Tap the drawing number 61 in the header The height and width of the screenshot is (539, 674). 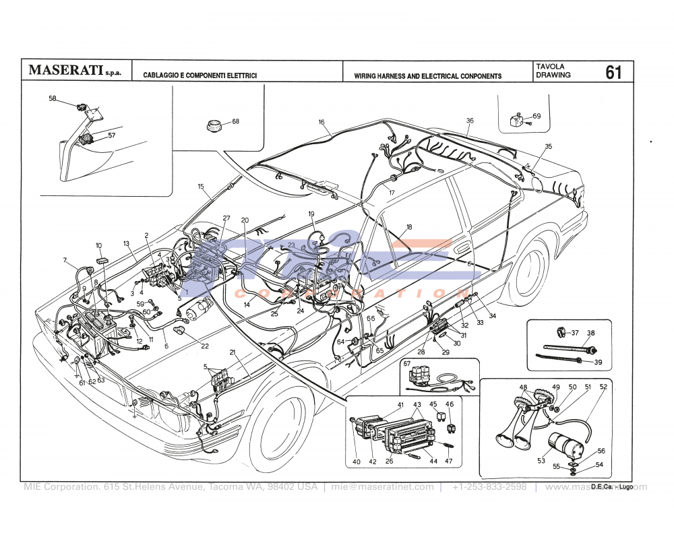click(613, 72)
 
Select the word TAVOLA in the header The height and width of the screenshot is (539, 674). click(550, 67)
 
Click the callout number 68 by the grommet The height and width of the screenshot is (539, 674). click(235, 122)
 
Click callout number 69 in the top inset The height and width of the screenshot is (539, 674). click(537, 117)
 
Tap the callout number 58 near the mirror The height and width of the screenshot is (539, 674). click(53, 98)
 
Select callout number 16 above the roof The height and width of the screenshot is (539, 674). click(321, 122)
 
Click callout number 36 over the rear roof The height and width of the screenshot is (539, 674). click(470, 121)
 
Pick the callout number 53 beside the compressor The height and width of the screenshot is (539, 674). click(541, 462)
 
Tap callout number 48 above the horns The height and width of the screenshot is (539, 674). click(523, 387)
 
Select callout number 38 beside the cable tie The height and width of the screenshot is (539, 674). click(591, 333)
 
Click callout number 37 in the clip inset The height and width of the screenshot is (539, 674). click(575, 333)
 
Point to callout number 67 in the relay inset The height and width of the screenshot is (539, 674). click(406, 364)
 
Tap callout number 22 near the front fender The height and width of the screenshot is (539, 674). click(205, 346)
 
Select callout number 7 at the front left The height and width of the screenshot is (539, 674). click(65, 260)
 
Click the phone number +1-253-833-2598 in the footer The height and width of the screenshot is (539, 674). click(489, 487)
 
